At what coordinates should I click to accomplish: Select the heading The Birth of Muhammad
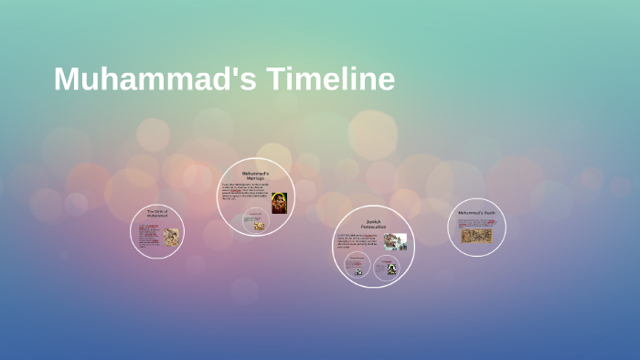click(157, 215)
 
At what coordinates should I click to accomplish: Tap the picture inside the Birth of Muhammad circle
click(171, 237)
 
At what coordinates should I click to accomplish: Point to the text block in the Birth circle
click(148, 235)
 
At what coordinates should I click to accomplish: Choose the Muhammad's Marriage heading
click(255, 175)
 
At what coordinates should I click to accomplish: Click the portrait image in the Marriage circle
click(279, 202)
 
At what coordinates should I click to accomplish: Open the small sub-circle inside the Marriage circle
click(255, 221)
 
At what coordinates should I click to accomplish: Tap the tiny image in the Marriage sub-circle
click(260, 225)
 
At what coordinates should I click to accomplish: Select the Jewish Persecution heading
click(373, 223)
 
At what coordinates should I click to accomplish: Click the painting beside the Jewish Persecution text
click(395, 241)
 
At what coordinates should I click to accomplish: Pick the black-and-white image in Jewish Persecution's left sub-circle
click(358, 270)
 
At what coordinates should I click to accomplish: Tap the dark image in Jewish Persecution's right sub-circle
click(391, 269)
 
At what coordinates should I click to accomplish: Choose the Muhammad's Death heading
click(476, 214)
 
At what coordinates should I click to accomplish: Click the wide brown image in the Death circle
click(476, 236)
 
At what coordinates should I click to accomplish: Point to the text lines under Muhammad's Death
click(476, 222)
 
